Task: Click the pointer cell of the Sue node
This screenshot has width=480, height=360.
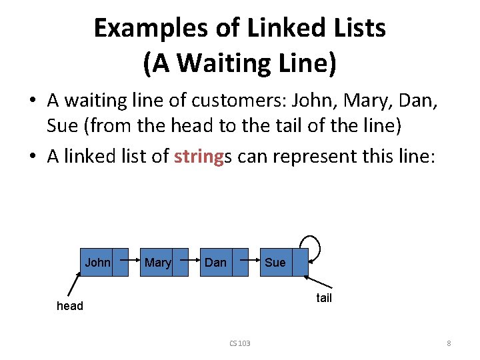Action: (x=301, y=263)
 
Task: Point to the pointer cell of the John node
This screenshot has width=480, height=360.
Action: (x=120, y=263)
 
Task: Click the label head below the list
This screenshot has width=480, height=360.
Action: (x=70, y=306)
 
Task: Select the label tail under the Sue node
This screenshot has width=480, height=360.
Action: (x=324, y=298)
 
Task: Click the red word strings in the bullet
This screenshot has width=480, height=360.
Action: (x=199, y=157)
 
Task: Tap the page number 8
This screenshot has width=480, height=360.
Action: (x=449, y=343)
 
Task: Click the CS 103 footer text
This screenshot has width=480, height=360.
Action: (x=239, y=343)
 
